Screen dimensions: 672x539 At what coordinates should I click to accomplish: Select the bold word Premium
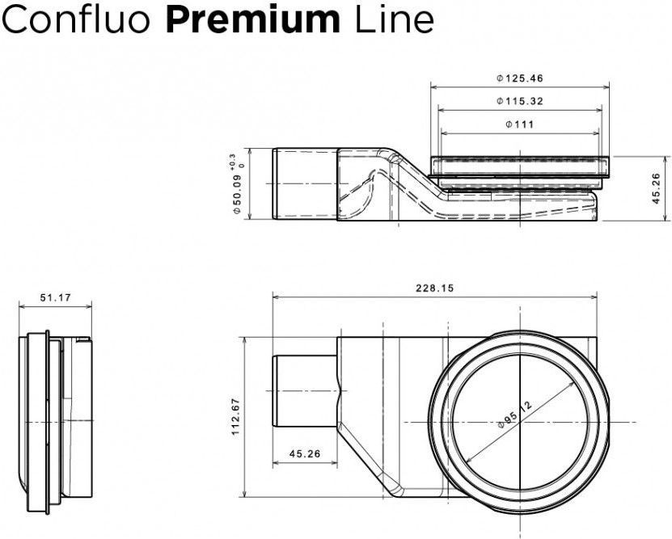coord(252,19)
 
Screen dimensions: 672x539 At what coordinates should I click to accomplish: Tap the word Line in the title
coord(395,19)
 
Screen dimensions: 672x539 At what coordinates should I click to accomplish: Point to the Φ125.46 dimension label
coord(520,78)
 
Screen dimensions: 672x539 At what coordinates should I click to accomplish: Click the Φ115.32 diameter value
coord(520,101)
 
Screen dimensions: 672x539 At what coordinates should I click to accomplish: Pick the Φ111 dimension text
coord(520,124)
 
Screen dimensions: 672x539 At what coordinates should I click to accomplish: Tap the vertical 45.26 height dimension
coord(656,188)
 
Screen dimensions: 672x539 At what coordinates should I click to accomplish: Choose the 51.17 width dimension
coord(55,297)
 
